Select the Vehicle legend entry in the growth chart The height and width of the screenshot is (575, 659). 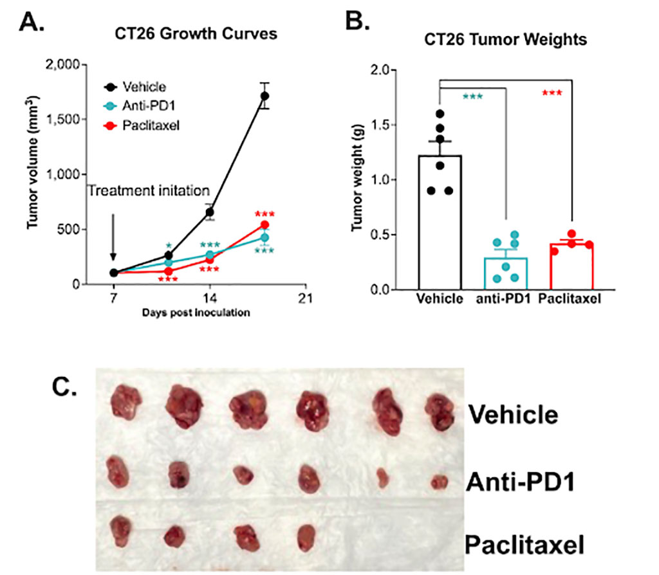(144, 87)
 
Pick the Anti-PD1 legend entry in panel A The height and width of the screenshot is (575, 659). (144, 105)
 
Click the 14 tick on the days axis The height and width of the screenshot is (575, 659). (210, 298)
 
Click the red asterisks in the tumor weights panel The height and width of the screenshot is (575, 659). (552, 94)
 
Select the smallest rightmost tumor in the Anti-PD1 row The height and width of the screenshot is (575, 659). (440, 482)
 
